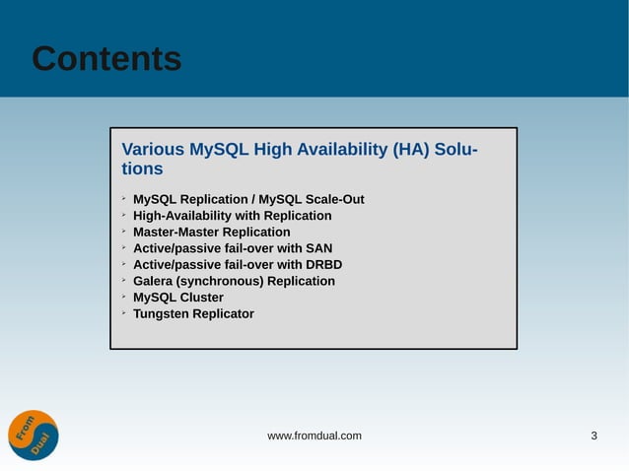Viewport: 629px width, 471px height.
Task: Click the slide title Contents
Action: [x=106, y=59]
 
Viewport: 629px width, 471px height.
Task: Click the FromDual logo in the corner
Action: [x=34, y=435]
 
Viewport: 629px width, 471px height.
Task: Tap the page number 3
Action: [x=594, y=436]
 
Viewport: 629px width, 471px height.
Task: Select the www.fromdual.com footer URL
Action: [x=314, y=436]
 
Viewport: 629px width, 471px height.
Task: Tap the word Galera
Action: [x=155, y=281]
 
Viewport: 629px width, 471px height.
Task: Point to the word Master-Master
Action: [x=176, y=233]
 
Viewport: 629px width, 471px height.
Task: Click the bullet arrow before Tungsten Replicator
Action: [x=124, y=313]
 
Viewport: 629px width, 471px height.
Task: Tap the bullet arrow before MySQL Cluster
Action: [x=124, y=297]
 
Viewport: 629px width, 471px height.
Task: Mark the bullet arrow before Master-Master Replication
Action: [x=124, y=232]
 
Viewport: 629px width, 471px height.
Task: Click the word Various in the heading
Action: [x=152, y=150]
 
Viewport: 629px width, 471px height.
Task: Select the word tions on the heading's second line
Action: [x=142, y=169]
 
